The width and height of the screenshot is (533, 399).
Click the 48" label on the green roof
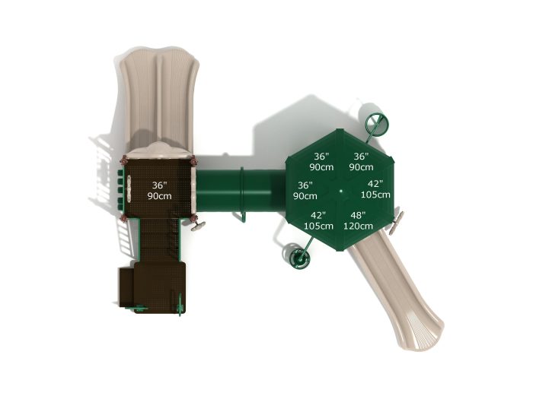click(358, 215)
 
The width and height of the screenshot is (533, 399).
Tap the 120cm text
click(358, 226)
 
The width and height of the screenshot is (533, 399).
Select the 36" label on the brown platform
click(159, 185)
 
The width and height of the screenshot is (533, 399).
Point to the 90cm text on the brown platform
click(159, 196)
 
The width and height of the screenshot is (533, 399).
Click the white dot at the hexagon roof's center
click(341, 191)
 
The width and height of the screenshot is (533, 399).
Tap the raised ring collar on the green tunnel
click(242, 190)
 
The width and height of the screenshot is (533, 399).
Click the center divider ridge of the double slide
click(158, 98)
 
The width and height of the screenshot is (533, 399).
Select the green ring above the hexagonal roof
click(376, 125)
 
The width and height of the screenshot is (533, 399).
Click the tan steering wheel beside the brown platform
click(198, 226)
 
